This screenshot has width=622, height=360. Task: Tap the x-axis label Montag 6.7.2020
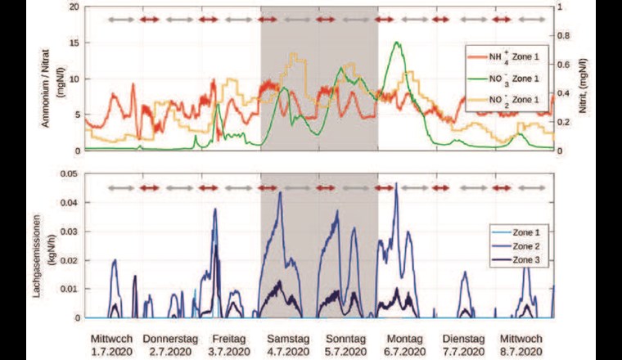[x=403, y=344]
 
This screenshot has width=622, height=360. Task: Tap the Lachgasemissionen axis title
[x=41, y=245]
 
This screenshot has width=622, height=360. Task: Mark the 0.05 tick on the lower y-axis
[x=71, y=174]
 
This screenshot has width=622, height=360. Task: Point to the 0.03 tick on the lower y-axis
[x=71, y=232]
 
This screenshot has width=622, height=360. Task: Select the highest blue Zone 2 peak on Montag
[x=397, y=184]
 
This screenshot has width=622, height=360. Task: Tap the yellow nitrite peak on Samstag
[x=294, y=55]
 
